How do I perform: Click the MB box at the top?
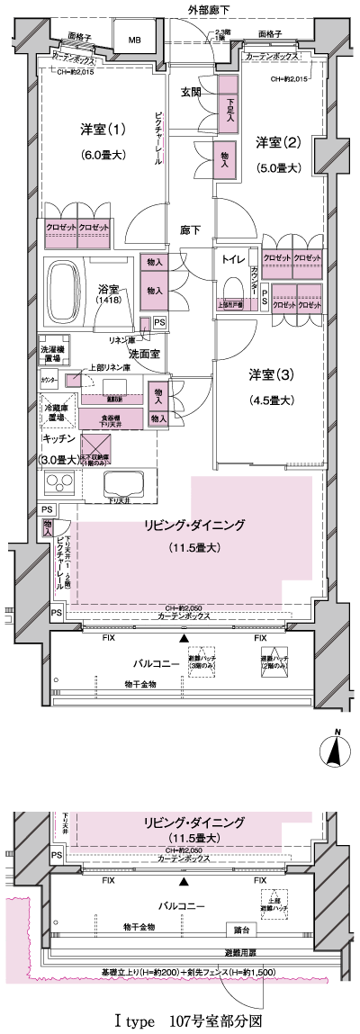[x=134, y=40]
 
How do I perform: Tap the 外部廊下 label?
[x=208, y=9]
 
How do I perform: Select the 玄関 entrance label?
[x=191, y=93]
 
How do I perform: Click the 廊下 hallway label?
[x=190, y=229]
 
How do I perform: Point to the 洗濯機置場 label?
[x=52, y=354]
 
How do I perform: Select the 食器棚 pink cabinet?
[x=111, y=418]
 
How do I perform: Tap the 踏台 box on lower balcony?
[x=239, y=928]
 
